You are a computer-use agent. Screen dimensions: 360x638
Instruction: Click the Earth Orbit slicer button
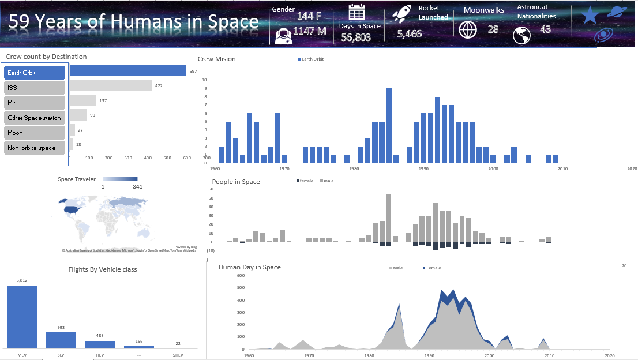35,73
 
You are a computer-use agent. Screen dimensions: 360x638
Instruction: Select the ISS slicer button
35,88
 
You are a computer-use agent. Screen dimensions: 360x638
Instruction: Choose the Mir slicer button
35,103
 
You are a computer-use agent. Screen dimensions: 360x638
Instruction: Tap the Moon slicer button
35,133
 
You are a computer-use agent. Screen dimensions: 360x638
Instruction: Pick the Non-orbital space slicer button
35,148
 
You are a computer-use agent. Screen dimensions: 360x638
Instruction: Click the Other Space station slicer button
35,118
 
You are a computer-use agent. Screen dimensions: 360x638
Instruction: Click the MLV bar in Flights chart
22,317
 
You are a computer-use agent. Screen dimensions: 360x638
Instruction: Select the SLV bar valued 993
61,340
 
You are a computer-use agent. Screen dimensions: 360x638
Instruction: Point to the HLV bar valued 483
100,344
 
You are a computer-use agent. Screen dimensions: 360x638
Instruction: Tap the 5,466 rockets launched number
410,34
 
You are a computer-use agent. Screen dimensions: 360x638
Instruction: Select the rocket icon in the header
401,13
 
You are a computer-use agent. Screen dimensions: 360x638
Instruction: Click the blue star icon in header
589,15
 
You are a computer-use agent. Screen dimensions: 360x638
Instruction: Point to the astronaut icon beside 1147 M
283,35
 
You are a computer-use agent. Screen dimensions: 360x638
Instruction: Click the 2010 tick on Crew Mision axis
562,169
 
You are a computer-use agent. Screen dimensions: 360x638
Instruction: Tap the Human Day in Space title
249,267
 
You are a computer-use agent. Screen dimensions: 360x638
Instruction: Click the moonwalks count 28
493,29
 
